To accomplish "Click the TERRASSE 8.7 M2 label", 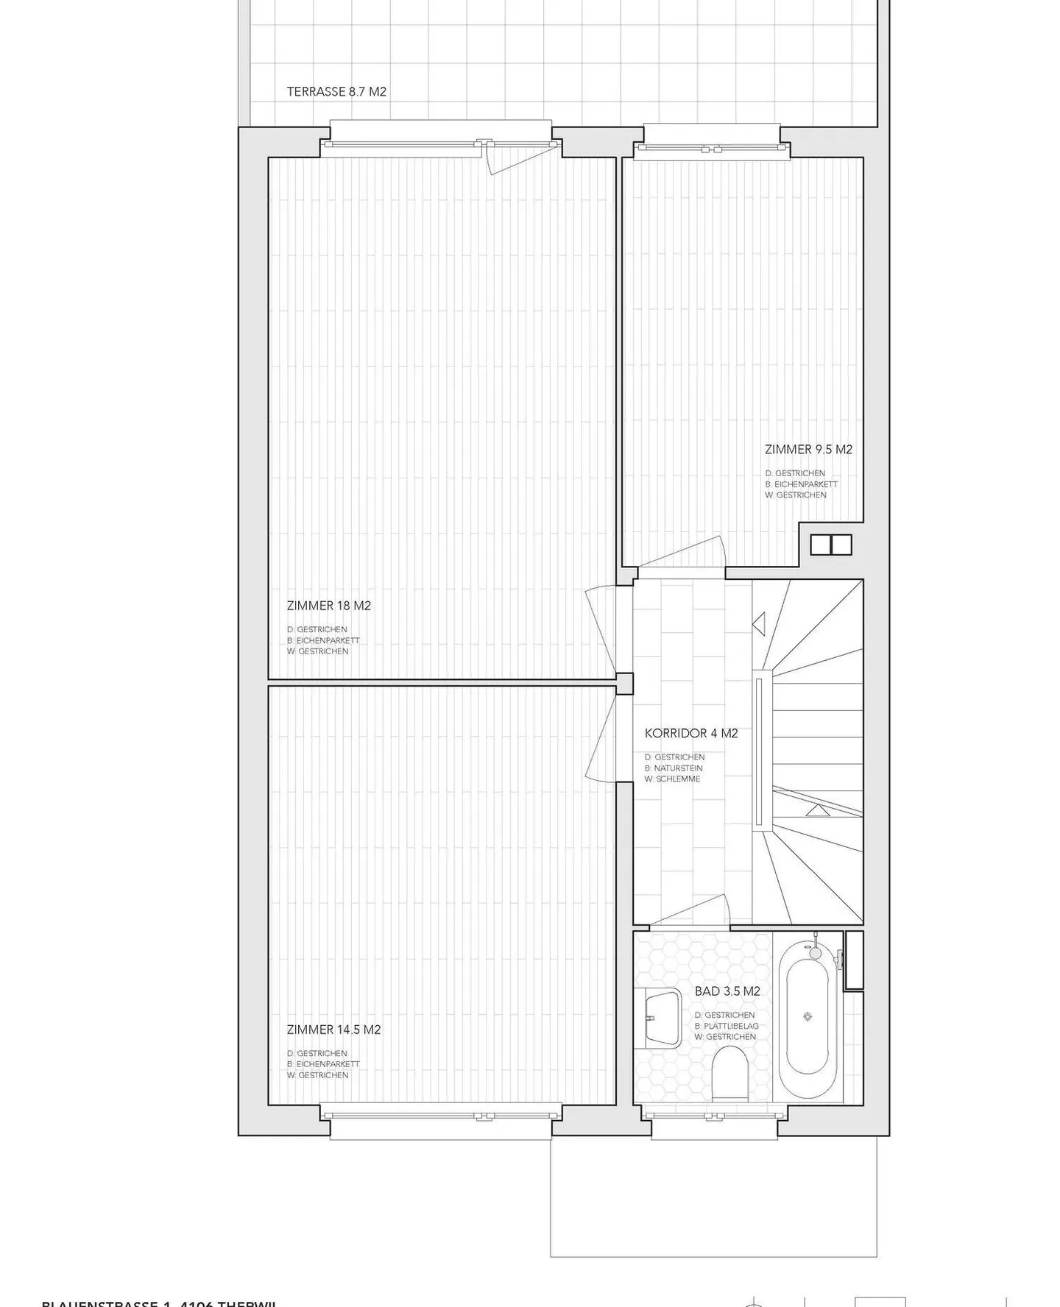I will click(336, 92).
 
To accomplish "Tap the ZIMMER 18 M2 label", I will click(328, 606).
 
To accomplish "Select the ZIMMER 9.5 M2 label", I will click(808, 449).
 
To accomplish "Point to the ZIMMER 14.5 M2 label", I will click(333, 1030).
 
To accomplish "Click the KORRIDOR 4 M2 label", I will click(690, 733).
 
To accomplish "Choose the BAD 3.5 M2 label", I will click(727, 991).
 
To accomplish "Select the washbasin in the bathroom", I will click(662, 1019).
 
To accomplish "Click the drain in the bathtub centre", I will click(808, 1016).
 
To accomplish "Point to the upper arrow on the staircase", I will click(759, 623).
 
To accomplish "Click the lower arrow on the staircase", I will click(816, 810).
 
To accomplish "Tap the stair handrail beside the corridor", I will click(758, 751).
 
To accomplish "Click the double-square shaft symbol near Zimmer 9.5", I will click(831, 545).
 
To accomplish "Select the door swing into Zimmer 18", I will click(599, 626).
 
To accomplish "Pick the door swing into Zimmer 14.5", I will click(599, 740).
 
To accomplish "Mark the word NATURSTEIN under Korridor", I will click(678, 768).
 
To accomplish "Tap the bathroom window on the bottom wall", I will click(713, 1116).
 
